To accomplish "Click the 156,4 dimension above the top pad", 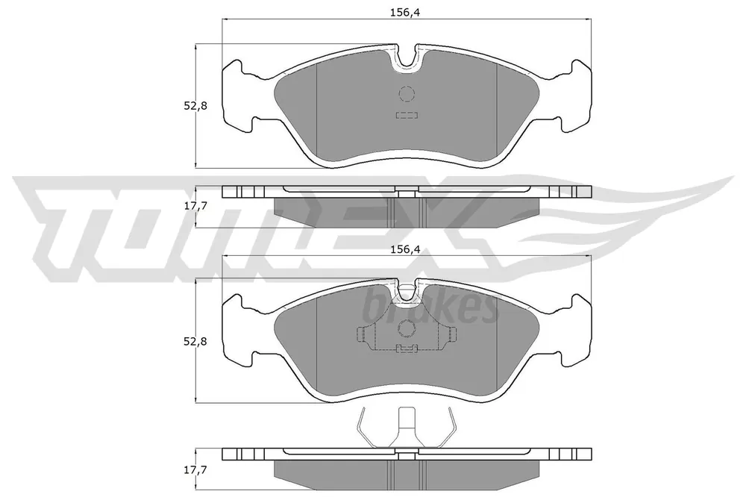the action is click(404, 13).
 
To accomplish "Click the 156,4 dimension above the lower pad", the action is click(404, 248).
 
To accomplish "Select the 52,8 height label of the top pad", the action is click(195, 106).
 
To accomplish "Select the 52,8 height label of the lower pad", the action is click(195, 341).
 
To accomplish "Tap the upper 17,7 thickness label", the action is click(195, 206).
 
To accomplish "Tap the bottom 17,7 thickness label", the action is click(195, 470).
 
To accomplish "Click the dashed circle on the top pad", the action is click(407, 94).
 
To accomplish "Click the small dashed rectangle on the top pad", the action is click(407, 115).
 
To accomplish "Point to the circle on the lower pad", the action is click(407, 328).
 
